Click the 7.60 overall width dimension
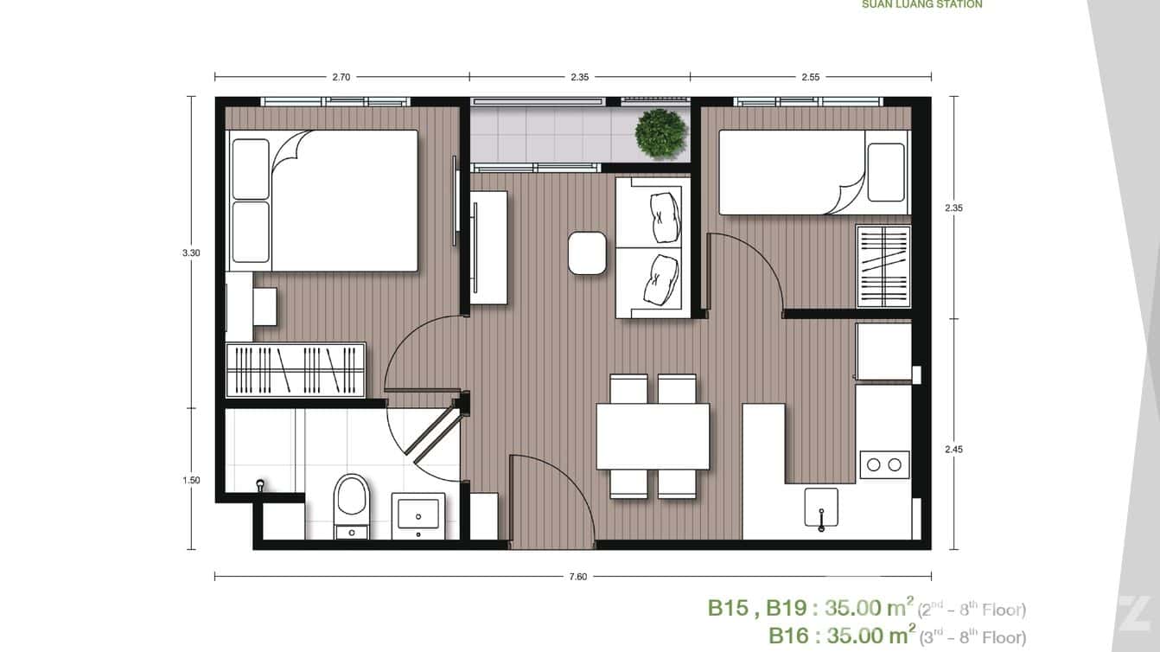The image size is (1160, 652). [x=578, y=577]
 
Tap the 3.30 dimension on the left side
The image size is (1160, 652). [x=191, y=252]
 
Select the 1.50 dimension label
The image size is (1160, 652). [x=191, y=480]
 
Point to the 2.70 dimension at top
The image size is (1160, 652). [x=341, y=77]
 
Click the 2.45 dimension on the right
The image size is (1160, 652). [x=953, y=449]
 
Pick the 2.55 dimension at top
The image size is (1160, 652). [x=810, y=77]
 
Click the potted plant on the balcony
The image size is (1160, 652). [x=660, y=133]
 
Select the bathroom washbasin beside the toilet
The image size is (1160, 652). [x=418, y=516]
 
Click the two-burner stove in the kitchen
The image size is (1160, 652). [x=884, y=464]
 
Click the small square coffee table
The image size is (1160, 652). [x=588, y=253]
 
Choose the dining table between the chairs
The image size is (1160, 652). [x=653, y=436]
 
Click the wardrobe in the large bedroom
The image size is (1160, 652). [x=295, y=370]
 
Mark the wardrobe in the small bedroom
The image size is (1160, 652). [x=883, y=266]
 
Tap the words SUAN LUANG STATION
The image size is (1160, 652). [x=921, y=4]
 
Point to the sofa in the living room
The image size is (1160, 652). [x=653, y=247]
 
